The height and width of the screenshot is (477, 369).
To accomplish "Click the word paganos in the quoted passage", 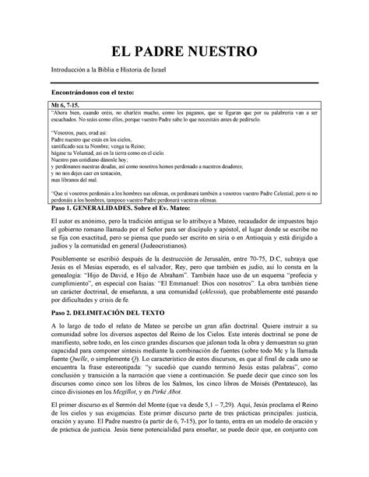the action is coord(217,113).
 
